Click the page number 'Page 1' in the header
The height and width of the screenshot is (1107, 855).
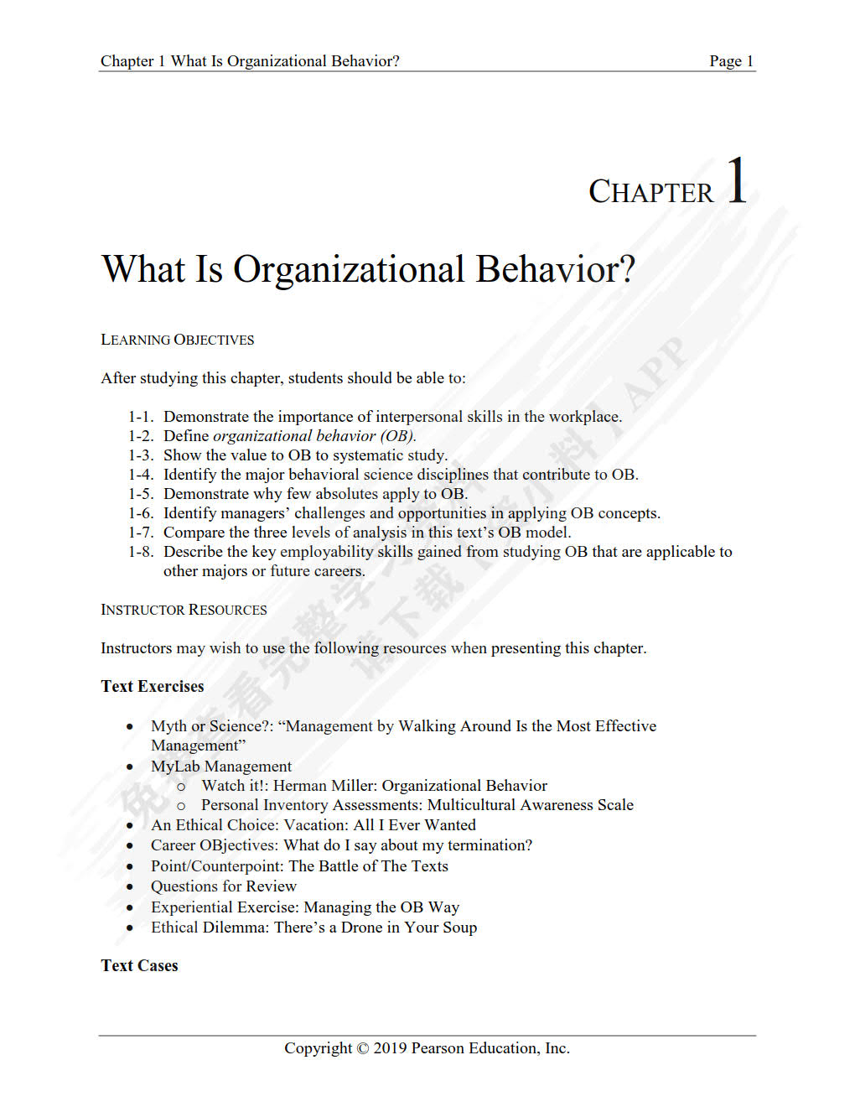tap(731, 61)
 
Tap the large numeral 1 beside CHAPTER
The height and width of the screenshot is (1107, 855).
tap(737, 180)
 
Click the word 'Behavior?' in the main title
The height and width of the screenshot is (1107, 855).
tap(555, 270)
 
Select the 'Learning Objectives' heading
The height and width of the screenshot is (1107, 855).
tap(177, 340)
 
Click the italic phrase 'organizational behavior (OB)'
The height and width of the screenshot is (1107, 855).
tap(313, 436)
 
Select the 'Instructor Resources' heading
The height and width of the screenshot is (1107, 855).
tap(184, 610)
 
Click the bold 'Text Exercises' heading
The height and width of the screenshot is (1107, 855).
tap(153, 686)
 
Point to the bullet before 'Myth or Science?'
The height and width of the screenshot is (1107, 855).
tap(129, 726)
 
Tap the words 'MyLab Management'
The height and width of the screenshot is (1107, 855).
tap(221, 767)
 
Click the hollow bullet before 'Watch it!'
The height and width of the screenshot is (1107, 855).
tap(181, 787)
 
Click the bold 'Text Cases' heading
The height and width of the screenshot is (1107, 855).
tap(139, 965)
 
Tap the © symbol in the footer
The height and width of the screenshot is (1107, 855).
tap(362, 1048)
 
